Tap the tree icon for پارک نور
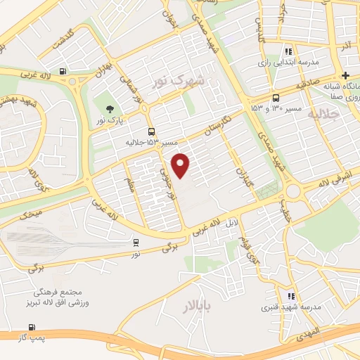pos(110,108)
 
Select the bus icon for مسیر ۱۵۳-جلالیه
pos(151,131)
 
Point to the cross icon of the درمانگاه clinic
pos(345,75)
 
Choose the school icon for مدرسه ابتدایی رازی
pos(288,51)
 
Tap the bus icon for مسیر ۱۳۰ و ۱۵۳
pos(275,98)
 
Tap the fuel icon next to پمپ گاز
pos(31,327)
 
